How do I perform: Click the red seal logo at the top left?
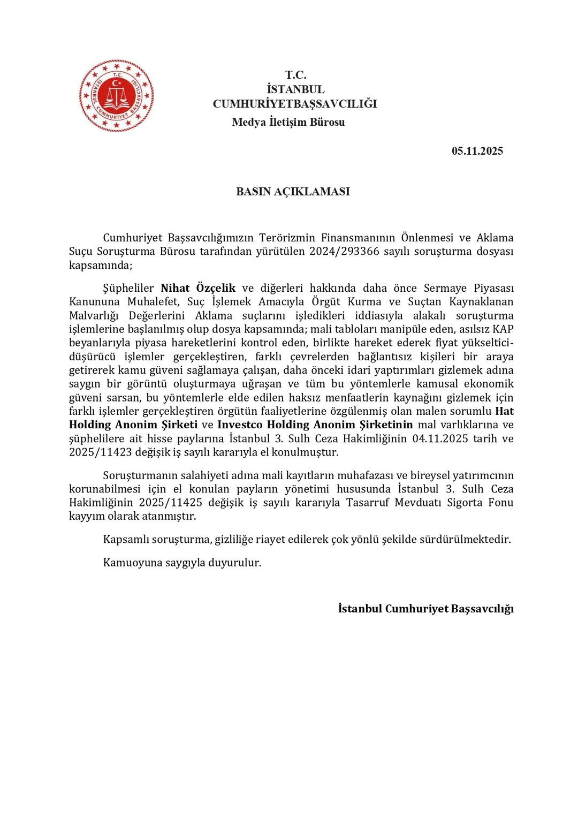(x=116, y=96)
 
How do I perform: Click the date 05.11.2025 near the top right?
(x=477, y=151)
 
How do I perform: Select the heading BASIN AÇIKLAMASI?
(x=293, y=192)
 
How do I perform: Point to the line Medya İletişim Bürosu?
(x=288, y=122)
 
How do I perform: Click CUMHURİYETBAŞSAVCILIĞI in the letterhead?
(x=294, y=104)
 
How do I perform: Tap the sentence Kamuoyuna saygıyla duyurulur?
(x=182, y=563)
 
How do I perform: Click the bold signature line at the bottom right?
(x=425, y=609)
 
